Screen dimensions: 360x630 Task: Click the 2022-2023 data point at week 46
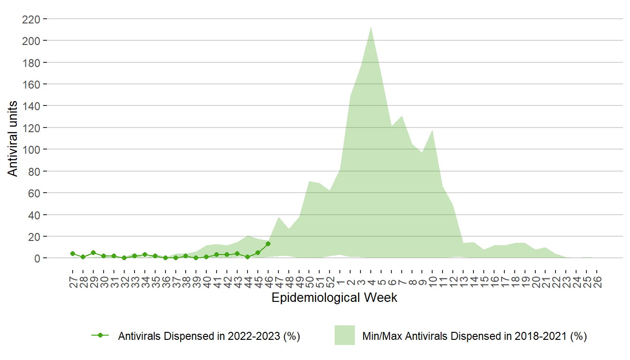268,244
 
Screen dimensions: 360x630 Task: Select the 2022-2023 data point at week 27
73,254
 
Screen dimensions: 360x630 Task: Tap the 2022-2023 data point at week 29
93,253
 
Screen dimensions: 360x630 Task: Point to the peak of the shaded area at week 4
371,26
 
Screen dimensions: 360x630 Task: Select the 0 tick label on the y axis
38,258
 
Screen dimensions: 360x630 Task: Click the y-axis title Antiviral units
13,138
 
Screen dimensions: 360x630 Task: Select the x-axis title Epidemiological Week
334,298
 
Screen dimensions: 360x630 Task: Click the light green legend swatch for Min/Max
345,335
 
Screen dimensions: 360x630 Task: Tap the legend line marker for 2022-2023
100,335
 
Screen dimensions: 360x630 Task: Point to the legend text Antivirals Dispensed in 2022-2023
209,336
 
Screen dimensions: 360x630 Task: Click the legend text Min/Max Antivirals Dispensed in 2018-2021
474,336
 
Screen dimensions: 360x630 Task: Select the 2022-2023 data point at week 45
258,253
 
